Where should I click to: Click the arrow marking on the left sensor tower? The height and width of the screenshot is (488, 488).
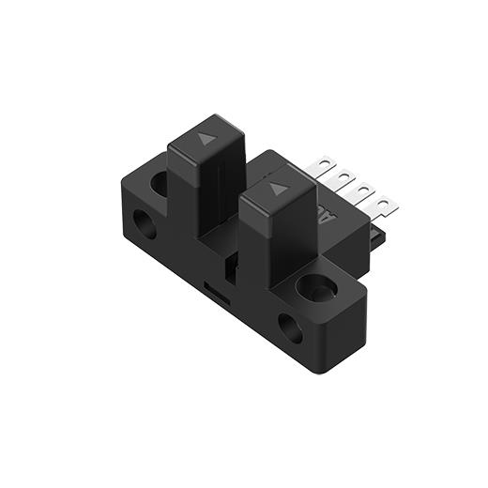[206, 138]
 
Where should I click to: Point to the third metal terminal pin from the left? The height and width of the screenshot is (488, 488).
[363, 189]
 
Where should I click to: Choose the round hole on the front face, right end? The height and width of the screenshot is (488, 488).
[291, 328]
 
